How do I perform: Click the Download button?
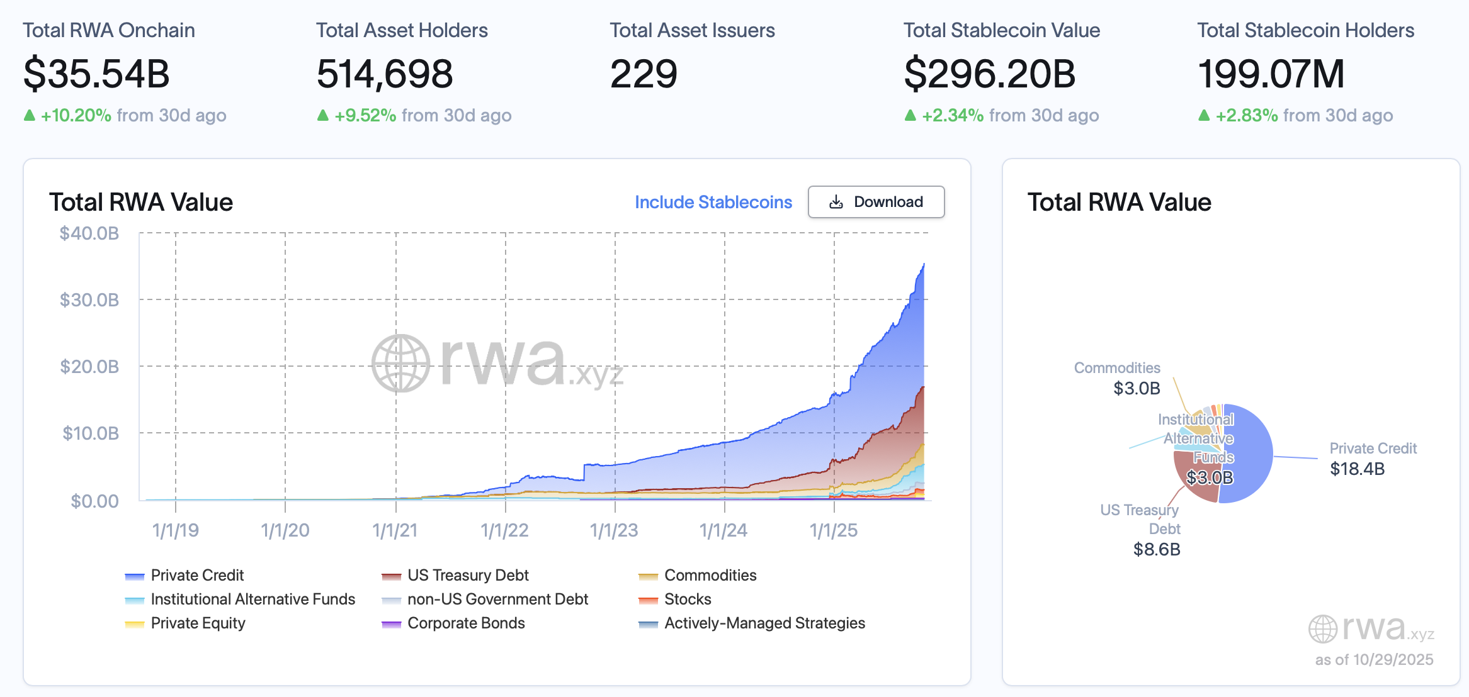(876, 202)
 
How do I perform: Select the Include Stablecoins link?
(713, 202)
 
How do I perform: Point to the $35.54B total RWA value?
(96, 74)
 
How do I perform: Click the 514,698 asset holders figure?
(385, 74)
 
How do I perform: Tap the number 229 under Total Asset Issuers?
(644, 74)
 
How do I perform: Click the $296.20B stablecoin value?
(989, 74)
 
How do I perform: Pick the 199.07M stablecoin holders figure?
(1271, 74)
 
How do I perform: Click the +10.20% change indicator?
(76, 116)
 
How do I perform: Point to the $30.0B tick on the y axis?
(89, 299)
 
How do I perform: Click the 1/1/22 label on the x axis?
(504, 530)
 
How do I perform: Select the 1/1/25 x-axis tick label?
(834, 530)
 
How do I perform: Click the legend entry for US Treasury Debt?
(467, 575)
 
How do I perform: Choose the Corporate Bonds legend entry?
(465, 623)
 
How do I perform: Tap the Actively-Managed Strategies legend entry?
(764, 623)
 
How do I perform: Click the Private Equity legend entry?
(198, 623)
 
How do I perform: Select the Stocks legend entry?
(687, 599)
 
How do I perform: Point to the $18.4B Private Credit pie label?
(1357, 469)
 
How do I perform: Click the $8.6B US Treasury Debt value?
(1157, 549)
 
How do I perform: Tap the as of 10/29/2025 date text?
(1373, 659)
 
